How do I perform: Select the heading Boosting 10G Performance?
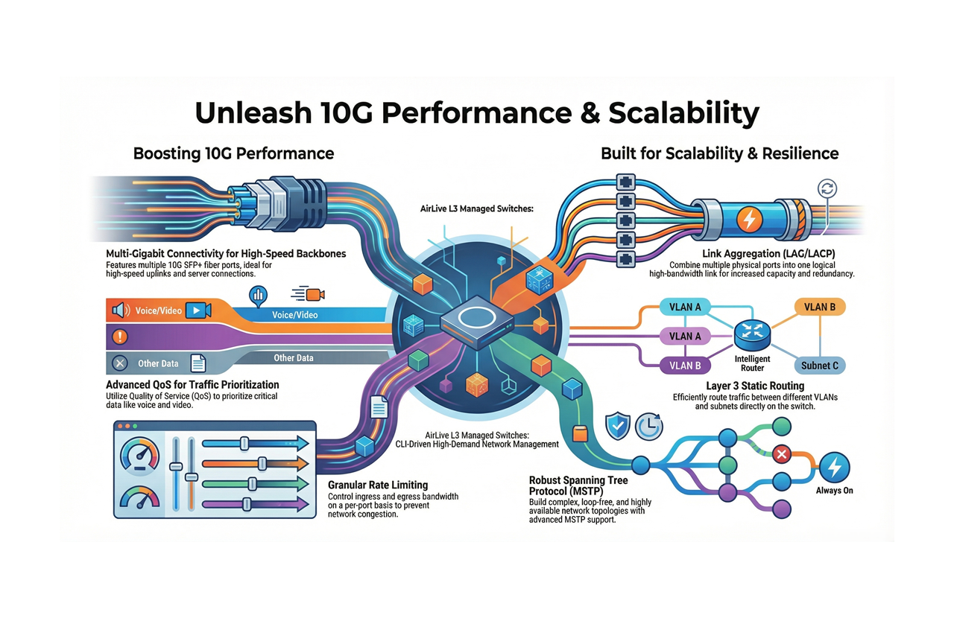click(x=233, y=153)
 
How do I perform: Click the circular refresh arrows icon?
click(x=827, y=188)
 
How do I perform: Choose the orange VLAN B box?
click(x=819, y=307)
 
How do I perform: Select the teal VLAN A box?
click(x=685, y=307)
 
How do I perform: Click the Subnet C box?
click(x=819, y=365)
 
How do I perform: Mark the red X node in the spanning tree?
click(x=781, y=453)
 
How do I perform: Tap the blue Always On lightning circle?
click(x=834, y=468)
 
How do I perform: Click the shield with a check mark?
click(x=618, y=425)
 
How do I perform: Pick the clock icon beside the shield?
click(x=649, y=425)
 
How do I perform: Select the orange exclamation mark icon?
click(x=119, y=337)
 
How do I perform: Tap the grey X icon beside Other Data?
click(x=119, y=363)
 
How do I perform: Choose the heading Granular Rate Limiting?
click(x=378, y=485)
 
